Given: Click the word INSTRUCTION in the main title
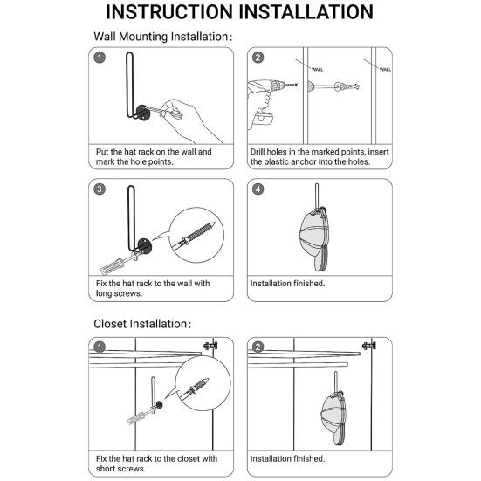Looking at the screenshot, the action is click(169, 12).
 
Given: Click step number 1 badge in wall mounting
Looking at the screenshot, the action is click(100, 58).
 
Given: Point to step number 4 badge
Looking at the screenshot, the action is click(258, 189).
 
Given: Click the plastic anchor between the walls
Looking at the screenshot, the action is click(347, 86).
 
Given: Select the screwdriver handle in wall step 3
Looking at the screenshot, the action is click(113, 266).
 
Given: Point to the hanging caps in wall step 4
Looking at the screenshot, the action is click(313, 239).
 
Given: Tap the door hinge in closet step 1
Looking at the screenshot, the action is click(210, 346).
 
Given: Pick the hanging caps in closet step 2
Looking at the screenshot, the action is click(334, 418).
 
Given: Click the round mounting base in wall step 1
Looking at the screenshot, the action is click(143, 113).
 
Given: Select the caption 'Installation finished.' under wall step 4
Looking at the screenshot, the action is click(287, 284).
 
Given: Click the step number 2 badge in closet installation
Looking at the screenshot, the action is click(258, 347).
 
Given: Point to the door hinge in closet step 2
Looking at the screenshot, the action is click(369, 346).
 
